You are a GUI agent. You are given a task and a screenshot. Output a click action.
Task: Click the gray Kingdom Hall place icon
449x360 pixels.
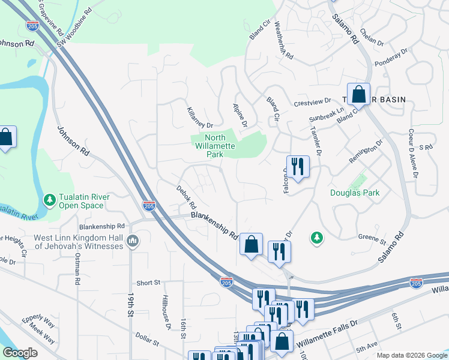point(133,241)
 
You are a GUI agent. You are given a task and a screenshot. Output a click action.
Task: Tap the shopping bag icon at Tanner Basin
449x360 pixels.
point(358,95)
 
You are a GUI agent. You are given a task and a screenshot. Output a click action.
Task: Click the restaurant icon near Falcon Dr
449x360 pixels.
point(297,166)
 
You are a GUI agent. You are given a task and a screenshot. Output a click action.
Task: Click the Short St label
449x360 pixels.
point(148,283)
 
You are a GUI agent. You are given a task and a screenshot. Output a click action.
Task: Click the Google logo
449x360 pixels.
point(20,352)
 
